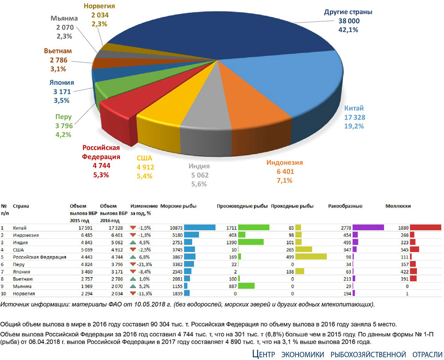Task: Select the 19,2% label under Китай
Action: click(x=354, y=126)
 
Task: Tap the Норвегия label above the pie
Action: click(x=100, y=6)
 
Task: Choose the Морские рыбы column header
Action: click(x=178, y=206)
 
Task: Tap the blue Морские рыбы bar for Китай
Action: click(x=199, y=228)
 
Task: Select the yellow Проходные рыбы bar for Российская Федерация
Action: click(x=311, y=257)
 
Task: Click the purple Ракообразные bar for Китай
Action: click(x=368, y=228)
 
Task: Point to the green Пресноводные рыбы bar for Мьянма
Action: click(x=246, y=286)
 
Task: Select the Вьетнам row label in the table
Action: click(x=23, y=279)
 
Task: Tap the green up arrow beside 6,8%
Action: click(x=133, y=257)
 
